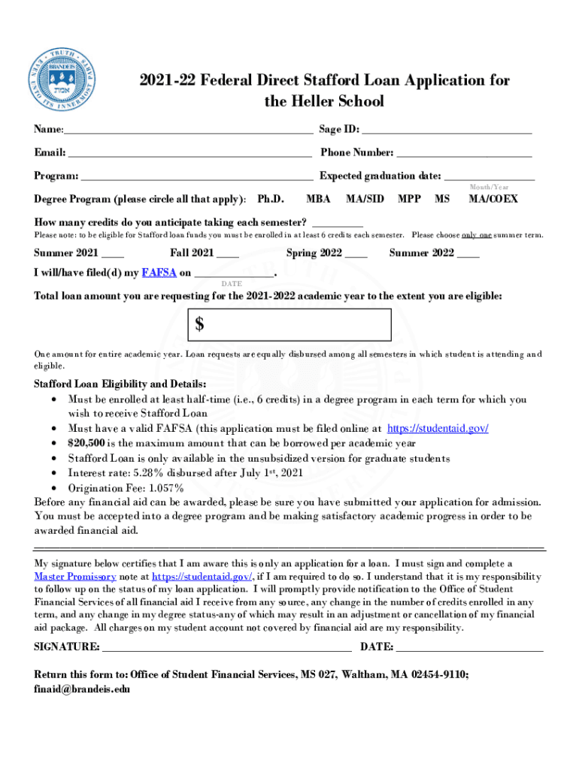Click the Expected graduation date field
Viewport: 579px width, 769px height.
coord(490,176)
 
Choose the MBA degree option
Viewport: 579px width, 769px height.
coord(319,200)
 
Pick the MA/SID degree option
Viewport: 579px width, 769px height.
coord(365,200)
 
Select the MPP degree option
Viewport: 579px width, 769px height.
coord(409,200)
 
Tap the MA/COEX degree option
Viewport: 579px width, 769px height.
coord(493,200)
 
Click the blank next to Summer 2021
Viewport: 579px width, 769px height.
coord(112,253)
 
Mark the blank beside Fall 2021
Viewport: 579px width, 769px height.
coord(228,253)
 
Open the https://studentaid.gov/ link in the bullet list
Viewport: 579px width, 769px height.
coord(438,428)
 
